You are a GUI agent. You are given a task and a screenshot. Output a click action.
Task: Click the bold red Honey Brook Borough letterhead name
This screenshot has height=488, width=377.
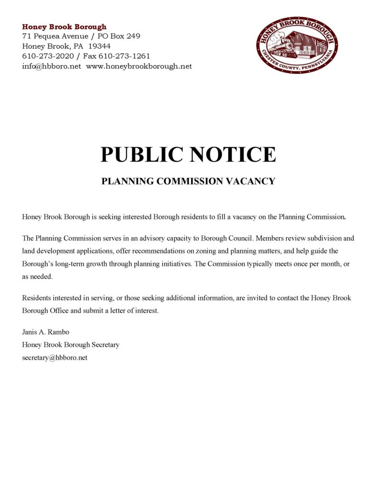pyautogui.click(x=64, y=27)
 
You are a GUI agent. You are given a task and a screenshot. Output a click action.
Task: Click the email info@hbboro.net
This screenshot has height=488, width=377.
pyautogui.click(x=51, y=66)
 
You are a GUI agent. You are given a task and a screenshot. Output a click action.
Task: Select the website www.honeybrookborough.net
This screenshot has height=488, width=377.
pyautogui.click(x=139, y=66)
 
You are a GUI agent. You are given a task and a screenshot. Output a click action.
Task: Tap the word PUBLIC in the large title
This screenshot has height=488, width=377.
pyautogui.click(x=142, y=154)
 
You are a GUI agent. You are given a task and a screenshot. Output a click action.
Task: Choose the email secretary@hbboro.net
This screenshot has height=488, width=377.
pyautogui.click(x=55, y=357)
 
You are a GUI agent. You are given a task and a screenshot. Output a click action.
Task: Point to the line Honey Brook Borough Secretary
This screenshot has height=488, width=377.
pyautogui.click(x=71, y=345)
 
